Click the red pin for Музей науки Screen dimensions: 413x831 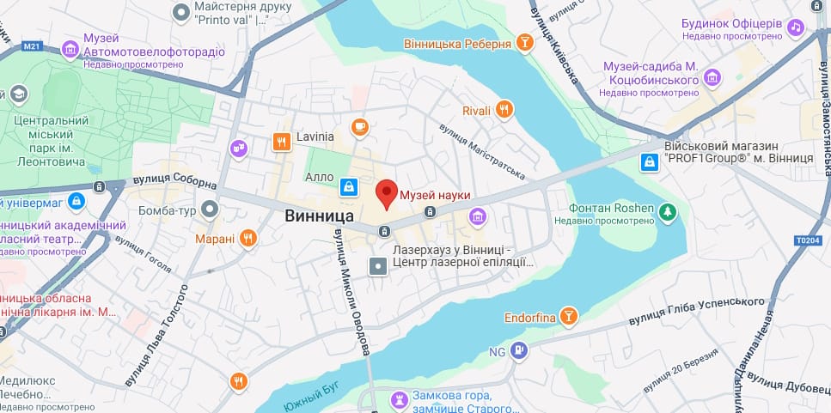coord(388,193)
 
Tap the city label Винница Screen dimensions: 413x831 coord(320,217)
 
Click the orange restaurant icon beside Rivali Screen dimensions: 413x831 coord(505,109)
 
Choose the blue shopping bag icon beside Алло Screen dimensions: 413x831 coord(348,185)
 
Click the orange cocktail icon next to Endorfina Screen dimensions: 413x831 coord(567,317)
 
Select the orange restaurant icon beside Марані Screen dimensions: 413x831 coord(247,238)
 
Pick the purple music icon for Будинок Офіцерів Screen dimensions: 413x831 coord(796,27)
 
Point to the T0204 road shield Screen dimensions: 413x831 coord(810,240)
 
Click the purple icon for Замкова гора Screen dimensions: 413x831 coord(399,399)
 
